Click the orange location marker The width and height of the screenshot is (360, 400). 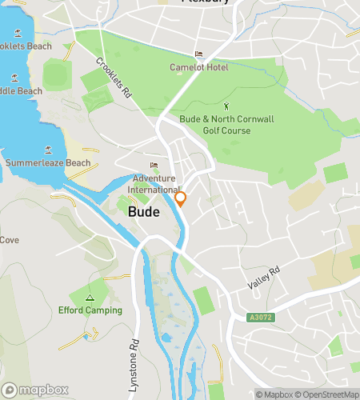[x=181, y=198]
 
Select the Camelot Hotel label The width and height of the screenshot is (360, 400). [x=199, y=68]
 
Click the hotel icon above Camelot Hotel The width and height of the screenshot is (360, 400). [x=199, y=54]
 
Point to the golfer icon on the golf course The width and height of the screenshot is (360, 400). [x=226, y=106]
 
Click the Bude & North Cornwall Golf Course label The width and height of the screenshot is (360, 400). [x=226, y=125]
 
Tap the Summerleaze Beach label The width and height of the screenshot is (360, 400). [x=48, y=163]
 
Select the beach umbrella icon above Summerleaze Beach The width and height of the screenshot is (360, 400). [x=48, y=150]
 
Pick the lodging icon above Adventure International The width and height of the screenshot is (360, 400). [x=154, y=166]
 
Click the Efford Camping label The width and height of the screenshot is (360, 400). [x=90, y=310]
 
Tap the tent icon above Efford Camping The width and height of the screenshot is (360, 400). [x=90, y=297]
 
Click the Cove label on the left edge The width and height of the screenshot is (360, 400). [x=10, y=240]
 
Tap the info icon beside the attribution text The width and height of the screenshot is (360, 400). [x=353, y=380]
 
